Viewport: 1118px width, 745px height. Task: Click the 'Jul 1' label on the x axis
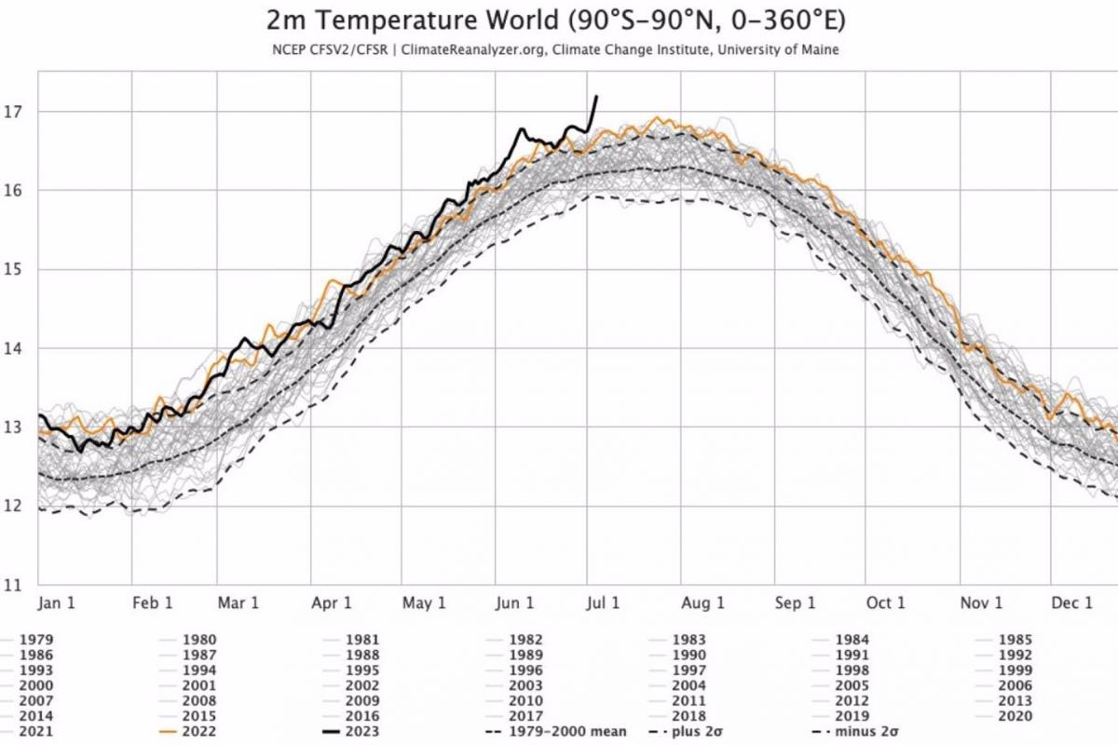(603, 603)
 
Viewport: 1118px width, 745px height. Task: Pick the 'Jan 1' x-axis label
(57, 603)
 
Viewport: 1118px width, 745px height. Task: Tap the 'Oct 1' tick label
(886, 603)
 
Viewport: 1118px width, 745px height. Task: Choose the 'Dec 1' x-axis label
(1072, 603)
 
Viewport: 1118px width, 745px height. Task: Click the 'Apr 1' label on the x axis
(332, 603)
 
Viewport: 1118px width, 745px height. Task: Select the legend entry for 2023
(362, 731)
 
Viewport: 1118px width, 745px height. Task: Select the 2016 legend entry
(362, 715)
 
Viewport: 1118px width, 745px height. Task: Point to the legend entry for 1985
(1015, 640)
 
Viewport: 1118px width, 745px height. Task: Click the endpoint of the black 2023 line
(596, 96)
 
